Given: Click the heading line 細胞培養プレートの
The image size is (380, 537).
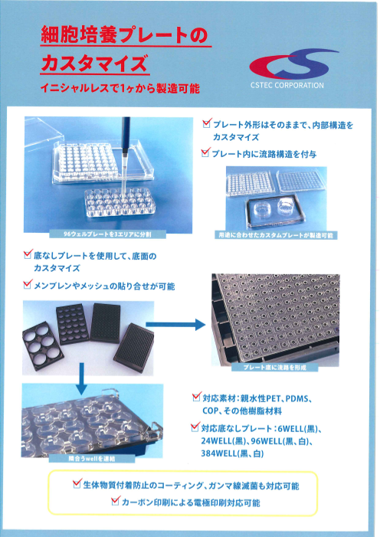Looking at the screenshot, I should pos(125,35).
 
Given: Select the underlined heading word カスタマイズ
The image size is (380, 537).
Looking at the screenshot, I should pos(95,63).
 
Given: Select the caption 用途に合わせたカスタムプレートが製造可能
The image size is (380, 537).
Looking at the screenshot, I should pos(276,235).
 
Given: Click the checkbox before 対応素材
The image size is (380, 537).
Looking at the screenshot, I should pos(196,398).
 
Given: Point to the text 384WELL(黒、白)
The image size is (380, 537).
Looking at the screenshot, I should pos(233,454).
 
